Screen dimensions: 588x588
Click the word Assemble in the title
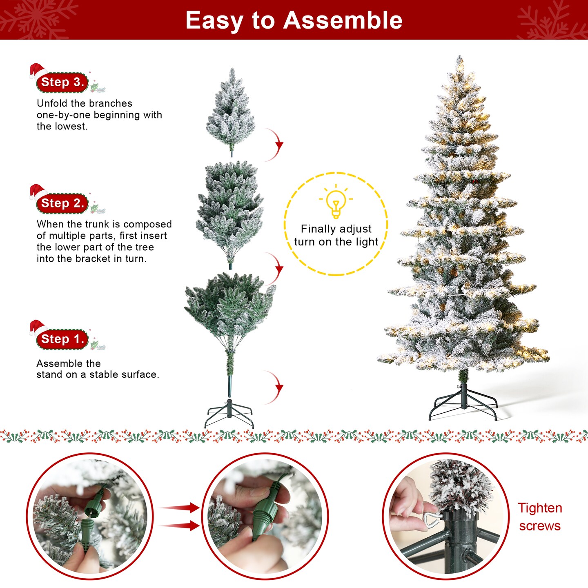pyautogui.click(x=343, y=20)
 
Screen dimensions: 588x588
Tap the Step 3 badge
pyautogui.click(x=62, y=82)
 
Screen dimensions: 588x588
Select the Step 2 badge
pyautogui.click(x=62, y=203)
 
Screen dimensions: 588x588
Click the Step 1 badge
pyautogui.click(x=62, y=339)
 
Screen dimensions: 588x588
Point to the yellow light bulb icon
pyautogui.click(x=336, y=203)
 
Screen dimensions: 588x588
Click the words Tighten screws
pyautogui.click(x=540, y=517)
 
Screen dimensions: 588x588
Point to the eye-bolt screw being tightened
pyautogui.click(x=430, y=519)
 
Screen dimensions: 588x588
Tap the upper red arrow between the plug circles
pyautogui.click(x=180, y=508)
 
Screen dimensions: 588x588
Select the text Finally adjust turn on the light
pyautogui.click(x=336, y=235)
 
